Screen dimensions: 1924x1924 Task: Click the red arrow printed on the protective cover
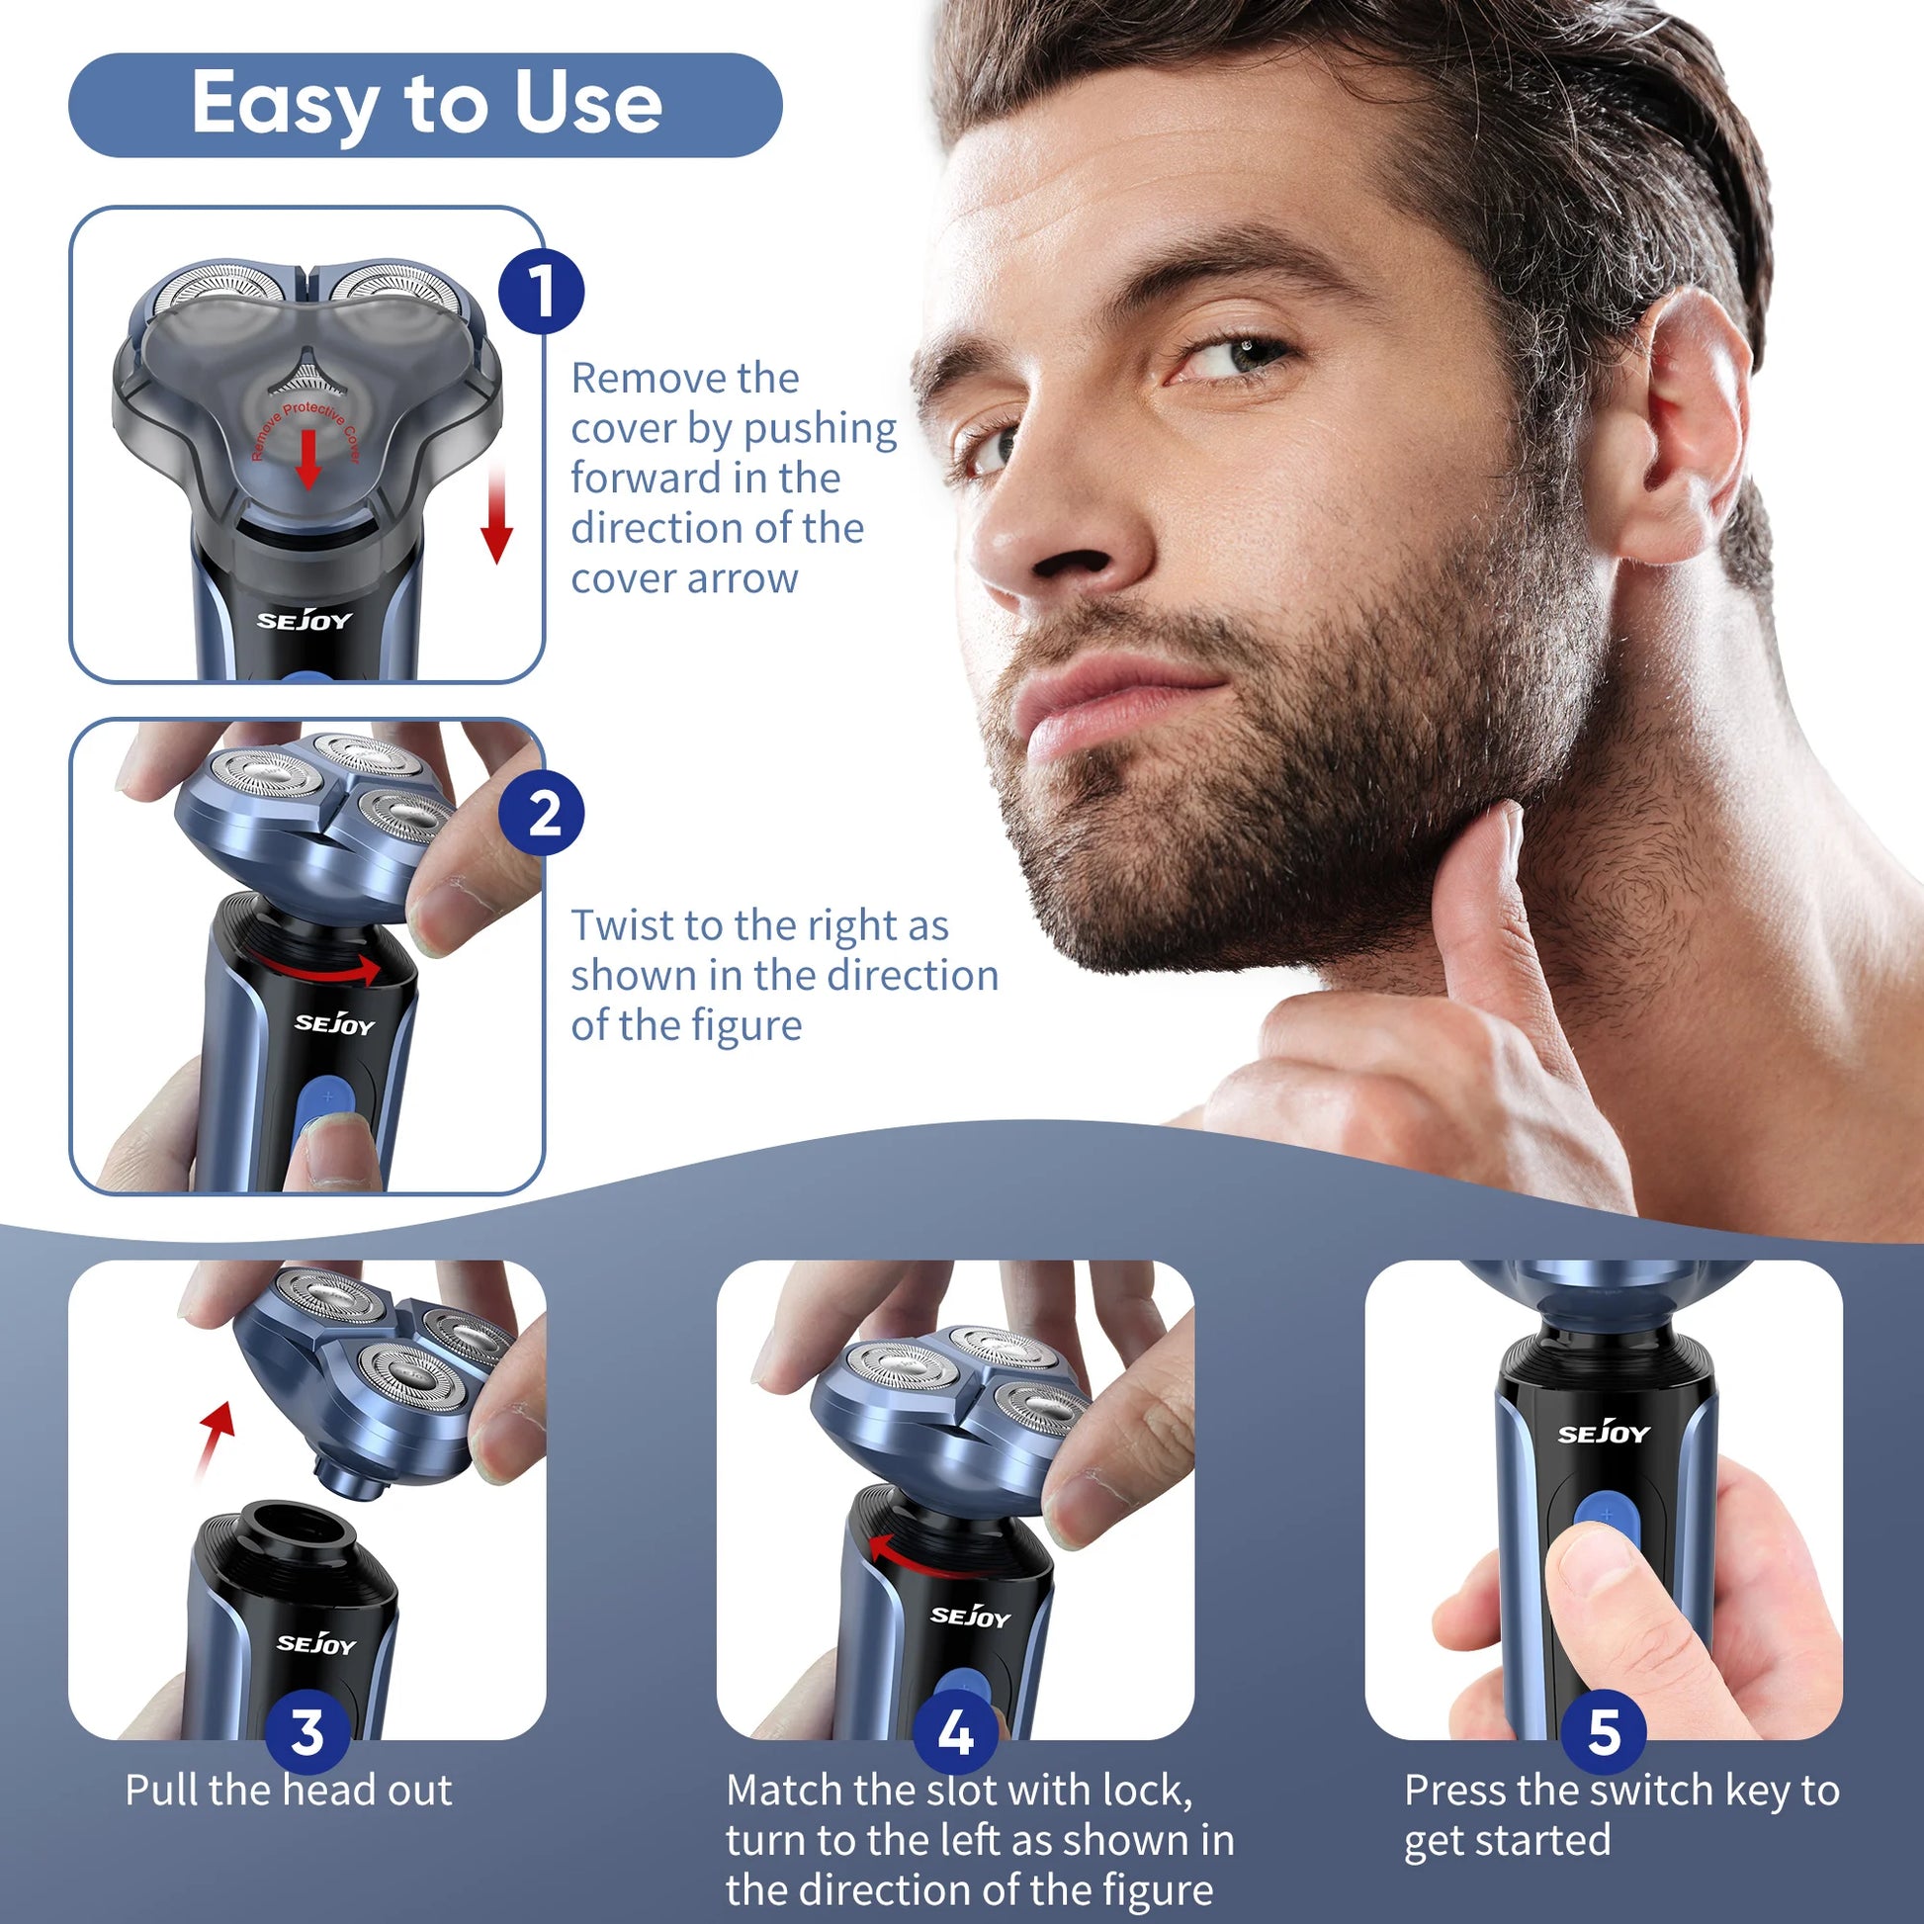pyautogui.click(x=308, y=459)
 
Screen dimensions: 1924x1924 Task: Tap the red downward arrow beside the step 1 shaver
pyautogui.click(x=496, y=516)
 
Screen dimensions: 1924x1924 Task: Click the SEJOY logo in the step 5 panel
pyautogui.click(x=1605, y=1433)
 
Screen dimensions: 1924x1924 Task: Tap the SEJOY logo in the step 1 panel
pyautogui.click(x=305, y=620)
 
